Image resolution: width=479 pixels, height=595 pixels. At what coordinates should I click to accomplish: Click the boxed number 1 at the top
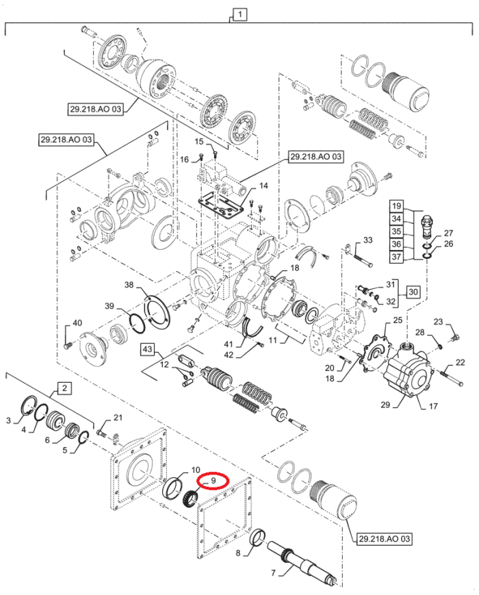241,13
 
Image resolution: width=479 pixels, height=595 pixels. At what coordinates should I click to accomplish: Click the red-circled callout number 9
213,481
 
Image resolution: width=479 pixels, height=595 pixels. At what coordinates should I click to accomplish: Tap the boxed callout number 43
148,349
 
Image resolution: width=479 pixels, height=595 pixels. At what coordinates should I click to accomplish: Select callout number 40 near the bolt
77,323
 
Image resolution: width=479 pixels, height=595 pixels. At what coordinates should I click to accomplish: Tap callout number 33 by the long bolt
367,240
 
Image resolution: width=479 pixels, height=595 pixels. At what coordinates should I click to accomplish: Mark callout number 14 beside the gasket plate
263,186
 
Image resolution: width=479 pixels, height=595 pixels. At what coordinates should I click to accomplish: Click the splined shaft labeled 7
301,561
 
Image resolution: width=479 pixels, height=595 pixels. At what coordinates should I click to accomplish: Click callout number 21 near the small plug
118,418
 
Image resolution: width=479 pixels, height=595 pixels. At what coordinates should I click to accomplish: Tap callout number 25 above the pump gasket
397,321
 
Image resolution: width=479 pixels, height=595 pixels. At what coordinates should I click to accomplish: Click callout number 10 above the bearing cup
195,470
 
